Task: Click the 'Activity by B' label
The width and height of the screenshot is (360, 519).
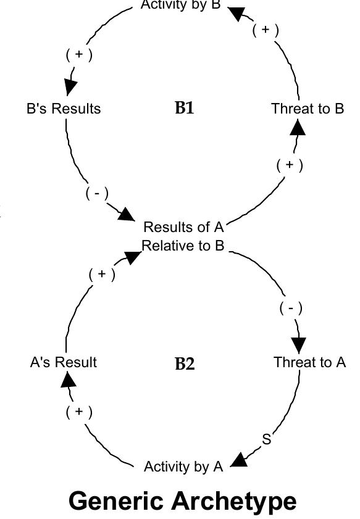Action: (180, 6)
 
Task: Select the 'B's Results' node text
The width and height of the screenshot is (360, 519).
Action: (64, 109)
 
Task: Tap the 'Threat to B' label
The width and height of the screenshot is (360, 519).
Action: (308, 109)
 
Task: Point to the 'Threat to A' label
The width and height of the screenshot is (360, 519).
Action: (310, 362)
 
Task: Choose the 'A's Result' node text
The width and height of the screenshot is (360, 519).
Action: (64, 362)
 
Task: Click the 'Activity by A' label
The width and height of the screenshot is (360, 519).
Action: (183, 467)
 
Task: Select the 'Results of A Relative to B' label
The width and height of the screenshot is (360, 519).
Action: (183, 236)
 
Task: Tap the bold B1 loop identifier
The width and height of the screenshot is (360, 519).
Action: (185, 108)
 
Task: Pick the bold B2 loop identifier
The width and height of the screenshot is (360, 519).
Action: (185, 363)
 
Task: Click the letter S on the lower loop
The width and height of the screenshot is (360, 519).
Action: (267, 439)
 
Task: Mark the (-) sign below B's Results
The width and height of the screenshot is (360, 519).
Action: (97, 193)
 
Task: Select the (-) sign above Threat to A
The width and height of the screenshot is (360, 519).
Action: (291, 308)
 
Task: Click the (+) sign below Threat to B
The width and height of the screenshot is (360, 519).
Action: (290, 165)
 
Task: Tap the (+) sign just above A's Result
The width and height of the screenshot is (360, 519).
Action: (79, 412)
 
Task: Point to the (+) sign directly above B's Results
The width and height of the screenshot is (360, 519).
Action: (79, 54)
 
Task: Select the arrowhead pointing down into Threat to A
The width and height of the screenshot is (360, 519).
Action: (299, 345)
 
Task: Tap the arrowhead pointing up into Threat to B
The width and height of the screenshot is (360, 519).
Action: (298, 127)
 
